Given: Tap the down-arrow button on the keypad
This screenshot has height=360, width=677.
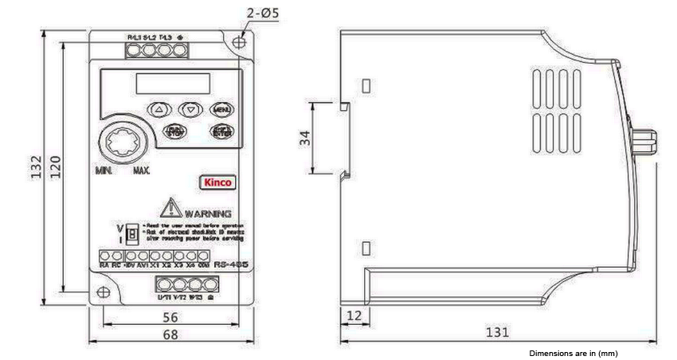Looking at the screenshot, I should pyautogui.click(x=190, y=109).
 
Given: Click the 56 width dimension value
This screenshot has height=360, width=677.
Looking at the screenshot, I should pyautogui.click(x=170, y=317).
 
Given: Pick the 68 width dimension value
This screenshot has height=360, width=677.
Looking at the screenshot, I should pyautogui.click(x=170, y=335).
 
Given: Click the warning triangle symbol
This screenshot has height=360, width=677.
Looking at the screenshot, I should pyautogui.click(x=171, y=209).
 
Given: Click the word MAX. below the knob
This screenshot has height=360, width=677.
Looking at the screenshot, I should pyautogui.click(x=143, y=171).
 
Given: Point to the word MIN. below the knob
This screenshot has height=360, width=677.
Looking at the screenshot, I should pyautogui.click(x=104, y=171).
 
